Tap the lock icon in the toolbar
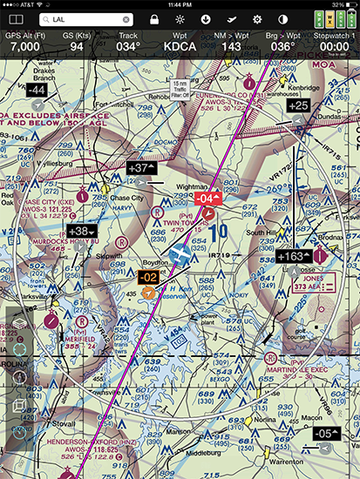pos(154,18)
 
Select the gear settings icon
pos(257,18)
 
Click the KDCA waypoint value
pos(179,45)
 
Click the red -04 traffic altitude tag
pos(207,198)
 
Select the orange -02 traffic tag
pos(149,277)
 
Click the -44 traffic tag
pos(37,90)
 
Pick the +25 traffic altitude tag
pos(297,105)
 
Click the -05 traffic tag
pos(324,433)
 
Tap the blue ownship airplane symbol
pos(180,253)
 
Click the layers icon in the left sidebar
pos(19,323)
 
